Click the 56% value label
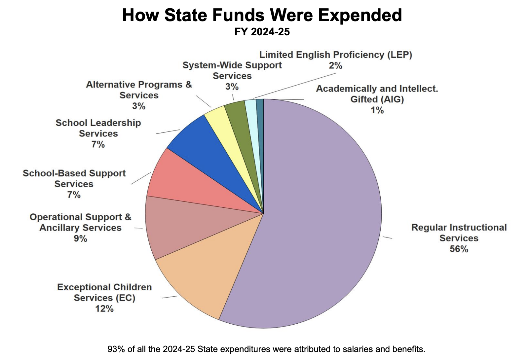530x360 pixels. coord(459,249)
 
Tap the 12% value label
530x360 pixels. coord(104,309)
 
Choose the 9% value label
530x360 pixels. coord(80,238)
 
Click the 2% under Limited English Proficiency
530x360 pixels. coord(335,66)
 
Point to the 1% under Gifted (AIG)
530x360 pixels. coord(377,110)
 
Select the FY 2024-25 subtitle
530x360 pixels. coord(262,32)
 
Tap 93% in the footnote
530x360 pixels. coord(114,349)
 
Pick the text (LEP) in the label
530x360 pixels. coord(400,55)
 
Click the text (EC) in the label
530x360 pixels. coord(125,298)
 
